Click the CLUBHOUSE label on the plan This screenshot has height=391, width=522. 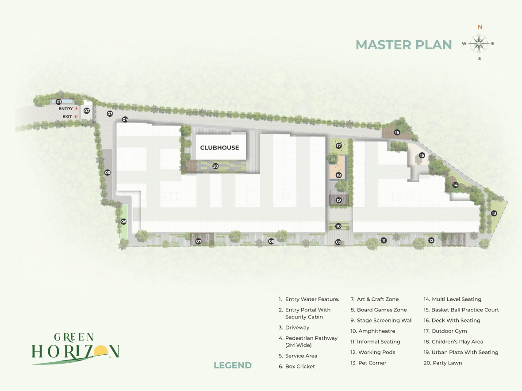pos(219,147)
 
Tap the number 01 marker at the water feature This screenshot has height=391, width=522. pos(58,102)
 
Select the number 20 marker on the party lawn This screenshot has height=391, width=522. pos(215,166)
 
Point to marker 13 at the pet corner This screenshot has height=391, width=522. pos(494,213)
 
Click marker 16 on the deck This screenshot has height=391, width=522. pos(397,132)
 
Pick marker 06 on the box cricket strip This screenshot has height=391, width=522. pos(124,222)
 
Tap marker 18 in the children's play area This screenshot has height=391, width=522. pos(338,175)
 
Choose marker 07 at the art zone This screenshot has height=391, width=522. pos(199,241)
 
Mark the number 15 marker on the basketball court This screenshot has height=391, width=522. pos(422,155)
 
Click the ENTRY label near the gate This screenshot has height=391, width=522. pos(65,109)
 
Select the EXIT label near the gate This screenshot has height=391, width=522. pos(67,116)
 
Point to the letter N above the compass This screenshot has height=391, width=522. pos(480,27)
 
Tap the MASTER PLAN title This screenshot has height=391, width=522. pos(404,45)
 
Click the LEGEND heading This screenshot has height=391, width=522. pos(233,365)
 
